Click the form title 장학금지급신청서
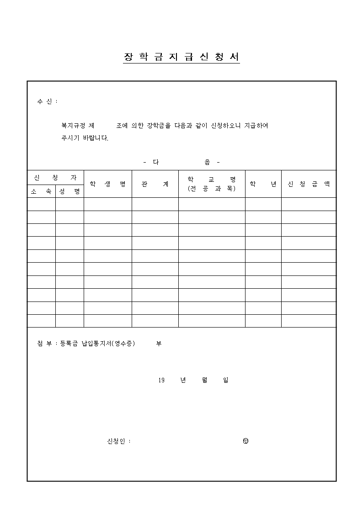pos(181,57)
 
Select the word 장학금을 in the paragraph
pos(159,125)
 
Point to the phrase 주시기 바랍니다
pos(85,138)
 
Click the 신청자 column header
pos(55,177)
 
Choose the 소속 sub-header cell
pos(41,191)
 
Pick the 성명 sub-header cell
pos(69,191)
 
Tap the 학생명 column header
pos(108,184)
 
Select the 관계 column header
pos(155,184)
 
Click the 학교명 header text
pos(212,180)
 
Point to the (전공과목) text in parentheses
pos(212,188)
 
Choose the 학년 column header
pos(263,184)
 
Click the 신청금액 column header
pos(309,184)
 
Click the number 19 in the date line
pos(161,380)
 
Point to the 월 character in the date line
pos(204,380)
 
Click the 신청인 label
pos(116,441)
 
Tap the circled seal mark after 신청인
pos(246,441)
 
